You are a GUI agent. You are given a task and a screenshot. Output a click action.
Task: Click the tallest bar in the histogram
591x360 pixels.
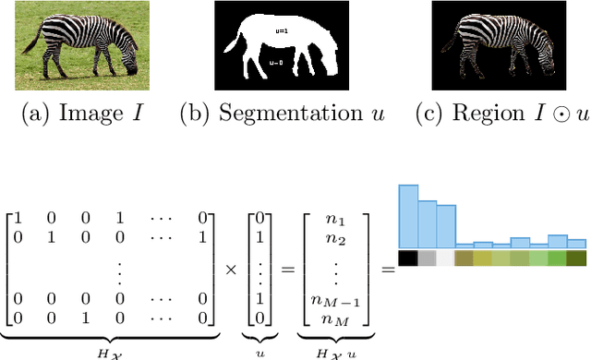pyautogui.click(x=408, y=216)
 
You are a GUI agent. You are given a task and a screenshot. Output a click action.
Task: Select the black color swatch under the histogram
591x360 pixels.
pyautogui.click(x=408, y=258)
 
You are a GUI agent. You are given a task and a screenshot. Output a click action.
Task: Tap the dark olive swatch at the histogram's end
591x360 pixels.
pyautogui.click(x=576, y=258)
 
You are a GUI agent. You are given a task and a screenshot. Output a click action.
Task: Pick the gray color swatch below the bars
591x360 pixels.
pyautogui.click(x=427, y=258)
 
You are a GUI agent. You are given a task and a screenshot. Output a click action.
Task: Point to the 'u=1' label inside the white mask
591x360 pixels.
pyautogui.click(x=280, y=30)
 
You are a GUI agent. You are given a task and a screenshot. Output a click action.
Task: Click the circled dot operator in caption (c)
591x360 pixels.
pyautogui.click(x=537, y=114)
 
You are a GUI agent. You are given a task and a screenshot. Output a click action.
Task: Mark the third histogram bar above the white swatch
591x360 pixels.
pyautogui.click(x=445, y=227)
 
